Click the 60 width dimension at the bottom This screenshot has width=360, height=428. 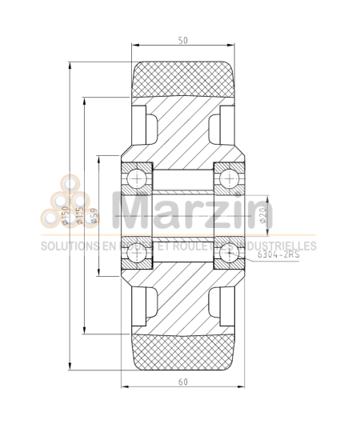(183, 382)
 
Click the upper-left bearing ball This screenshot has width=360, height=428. (137, 177)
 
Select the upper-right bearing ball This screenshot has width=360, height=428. (230, 177)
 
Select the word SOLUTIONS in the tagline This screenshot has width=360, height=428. (68, 246)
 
